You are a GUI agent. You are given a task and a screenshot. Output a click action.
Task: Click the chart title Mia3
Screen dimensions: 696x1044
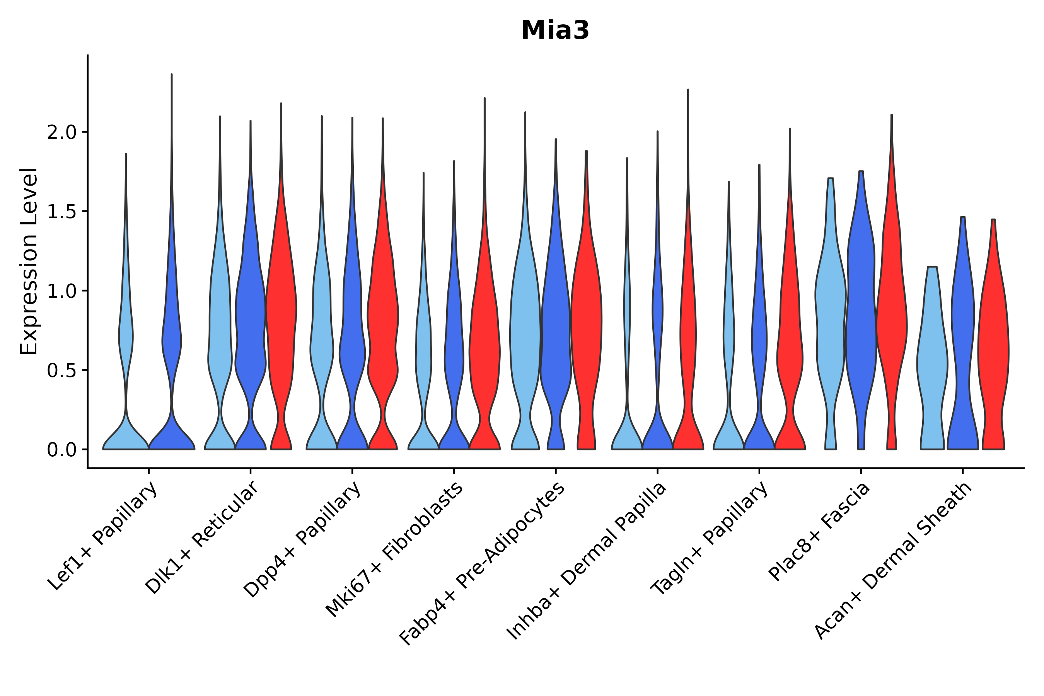(x=555, y=31)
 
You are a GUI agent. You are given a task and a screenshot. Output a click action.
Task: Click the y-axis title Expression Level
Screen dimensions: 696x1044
(x=29, y=261)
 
